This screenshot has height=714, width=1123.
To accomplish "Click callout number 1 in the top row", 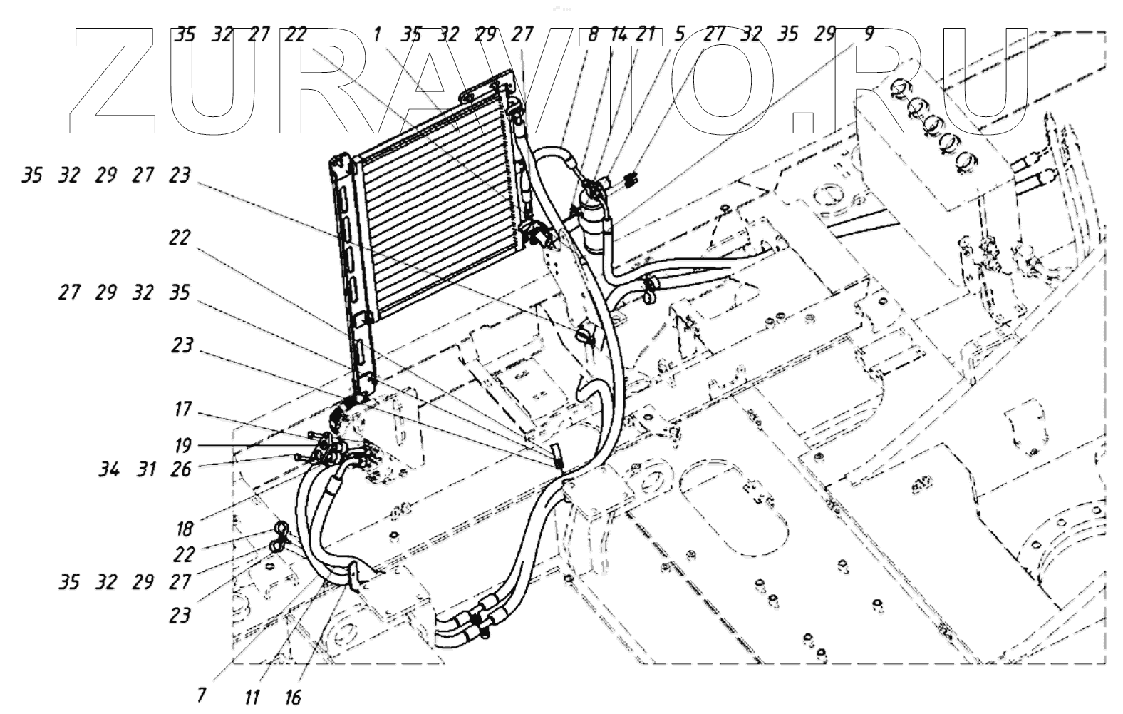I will tap(377, 34).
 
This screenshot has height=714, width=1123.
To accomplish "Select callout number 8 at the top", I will tap(592, 34).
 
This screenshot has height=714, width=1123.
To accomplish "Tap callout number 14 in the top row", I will tap(619, 34).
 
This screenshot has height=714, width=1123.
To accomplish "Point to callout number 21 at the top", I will tap(645, 34).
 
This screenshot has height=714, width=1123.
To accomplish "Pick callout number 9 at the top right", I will tap(867, 34).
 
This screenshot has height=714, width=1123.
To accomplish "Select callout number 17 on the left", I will tap(183, 409).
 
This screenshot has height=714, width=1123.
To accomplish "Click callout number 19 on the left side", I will tap(183, 445).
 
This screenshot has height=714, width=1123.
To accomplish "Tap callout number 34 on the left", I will tap(109, 469).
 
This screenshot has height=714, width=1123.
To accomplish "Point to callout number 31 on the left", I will tap(147, 469).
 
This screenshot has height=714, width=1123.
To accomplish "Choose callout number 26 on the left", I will tap(181, 469).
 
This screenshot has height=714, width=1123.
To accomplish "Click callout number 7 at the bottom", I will tap(202, 694).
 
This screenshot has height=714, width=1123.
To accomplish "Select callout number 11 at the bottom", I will tap(251, 697).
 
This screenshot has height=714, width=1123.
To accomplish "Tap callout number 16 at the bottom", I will tap(293, 697).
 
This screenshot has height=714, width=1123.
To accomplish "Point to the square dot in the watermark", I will tap(803, 121).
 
